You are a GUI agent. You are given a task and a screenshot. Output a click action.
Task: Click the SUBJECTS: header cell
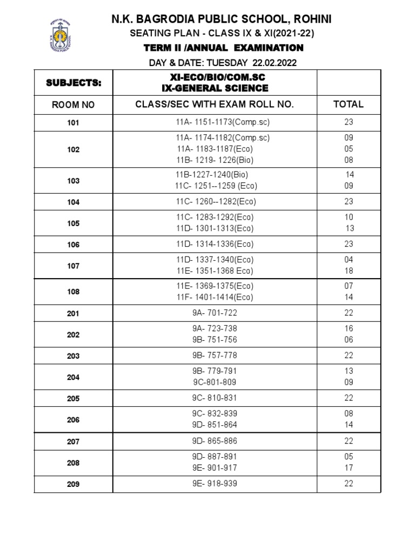click(x=73, y=83)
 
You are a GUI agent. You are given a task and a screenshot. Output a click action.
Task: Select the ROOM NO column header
click(x=73, y=105)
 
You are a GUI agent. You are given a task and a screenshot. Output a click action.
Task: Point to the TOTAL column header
click(x=349, y=104)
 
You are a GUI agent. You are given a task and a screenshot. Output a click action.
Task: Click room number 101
click(x=73, y=123)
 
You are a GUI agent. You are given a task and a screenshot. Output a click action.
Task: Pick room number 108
click(x=73, y=292)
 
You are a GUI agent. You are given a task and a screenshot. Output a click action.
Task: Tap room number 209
click(x=73, y=484)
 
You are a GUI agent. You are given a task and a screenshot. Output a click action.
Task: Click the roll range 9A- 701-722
click(x=215, y=313)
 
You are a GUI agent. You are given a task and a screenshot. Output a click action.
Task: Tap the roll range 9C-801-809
click(x=215, y=382)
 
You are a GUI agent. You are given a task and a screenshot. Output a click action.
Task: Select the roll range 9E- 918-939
click(x=215, y=484)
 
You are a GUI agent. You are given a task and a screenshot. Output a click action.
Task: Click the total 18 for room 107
click(x=349, y=271)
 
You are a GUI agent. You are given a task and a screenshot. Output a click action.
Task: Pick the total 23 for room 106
click(x=349, y=244)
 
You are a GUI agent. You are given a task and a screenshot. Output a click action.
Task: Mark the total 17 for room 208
click(x=349, y=468)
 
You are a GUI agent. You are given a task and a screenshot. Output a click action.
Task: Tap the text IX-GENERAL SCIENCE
click(x=215, y=88)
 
